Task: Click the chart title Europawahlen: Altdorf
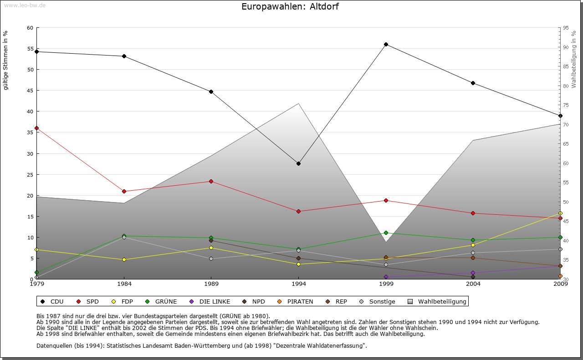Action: pos(290,6)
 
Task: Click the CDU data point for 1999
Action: pos(386,44)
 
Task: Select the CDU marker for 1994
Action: pos(298,163)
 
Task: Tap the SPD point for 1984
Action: pos(124,191)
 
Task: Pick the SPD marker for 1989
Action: pos(211,181)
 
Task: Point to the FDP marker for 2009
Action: pos(560,213)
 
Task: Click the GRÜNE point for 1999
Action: pos(386,233)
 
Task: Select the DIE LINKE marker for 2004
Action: pos(473,273)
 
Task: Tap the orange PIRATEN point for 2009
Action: pos(560,276)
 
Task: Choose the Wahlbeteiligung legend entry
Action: pos(437,301)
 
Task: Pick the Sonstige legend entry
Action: pos(378,301)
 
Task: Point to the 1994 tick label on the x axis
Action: pos(298,284)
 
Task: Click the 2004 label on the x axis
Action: pos(473,284)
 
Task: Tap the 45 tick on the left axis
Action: pos(31,91)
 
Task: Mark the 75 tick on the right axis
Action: pos(566,105)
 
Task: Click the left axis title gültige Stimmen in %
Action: pos(6,60)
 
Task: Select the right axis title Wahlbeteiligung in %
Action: pos(574,59)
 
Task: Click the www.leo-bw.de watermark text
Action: pos(25,5)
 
